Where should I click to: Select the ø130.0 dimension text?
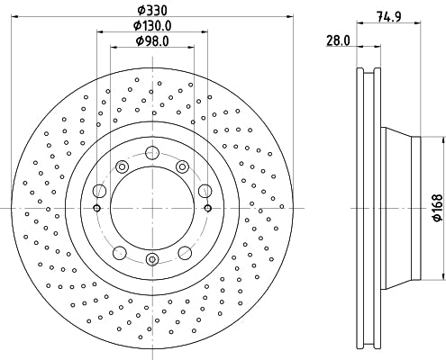click(151, 25)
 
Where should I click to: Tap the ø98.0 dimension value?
click(151, 40)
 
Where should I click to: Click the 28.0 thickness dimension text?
click(339, 40)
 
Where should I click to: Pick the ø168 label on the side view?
click(437, 209)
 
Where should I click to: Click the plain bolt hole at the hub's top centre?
click(151, 155)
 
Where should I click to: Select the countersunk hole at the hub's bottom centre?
click(151, 261)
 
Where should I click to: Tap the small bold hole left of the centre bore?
click(96, 209)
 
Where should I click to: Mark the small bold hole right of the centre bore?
click(207, 209)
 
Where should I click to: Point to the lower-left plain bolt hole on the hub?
click(121, 251)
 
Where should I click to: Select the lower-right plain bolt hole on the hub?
click(182, 251)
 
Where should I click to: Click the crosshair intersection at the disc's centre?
click(151, 209)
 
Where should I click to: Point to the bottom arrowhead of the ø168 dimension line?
click(442, 277)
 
